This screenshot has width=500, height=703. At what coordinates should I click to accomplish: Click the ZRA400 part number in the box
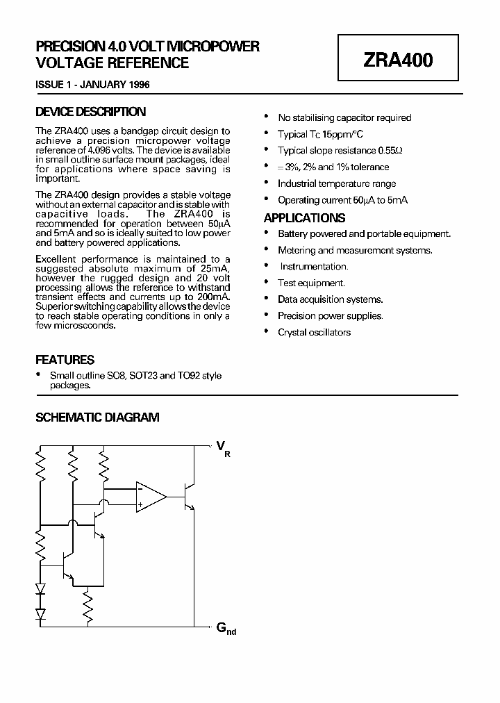coord(398,60)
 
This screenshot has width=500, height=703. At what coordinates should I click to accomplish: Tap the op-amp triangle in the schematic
coord(150,496)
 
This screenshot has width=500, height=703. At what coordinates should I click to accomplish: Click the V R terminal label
coord(224,448)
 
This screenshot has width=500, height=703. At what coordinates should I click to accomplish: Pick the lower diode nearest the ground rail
coord(40,613)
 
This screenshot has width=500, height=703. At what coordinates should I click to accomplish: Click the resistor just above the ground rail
coord(88,605)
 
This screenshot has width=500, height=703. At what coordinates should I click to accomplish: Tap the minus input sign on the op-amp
coord(140,488)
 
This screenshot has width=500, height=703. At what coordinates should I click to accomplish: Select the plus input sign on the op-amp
coord(140,504)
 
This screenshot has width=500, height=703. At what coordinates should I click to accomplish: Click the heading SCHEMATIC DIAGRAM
coord(97,417)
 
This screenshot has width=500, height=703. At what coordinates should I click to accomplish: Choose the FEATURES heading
coord(65,360)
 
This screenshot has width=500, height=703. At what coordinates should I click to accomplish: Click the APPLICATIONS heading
coord(304,217)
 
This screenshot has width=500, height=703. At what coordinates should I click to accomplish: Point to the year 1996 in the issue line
coord(137,85)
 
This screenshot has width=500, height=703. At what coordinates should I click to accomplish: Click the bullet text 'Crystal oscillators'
coord(314,332)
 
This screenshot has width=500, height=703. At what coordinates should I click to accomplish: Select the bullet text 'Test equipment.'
coord(311,283)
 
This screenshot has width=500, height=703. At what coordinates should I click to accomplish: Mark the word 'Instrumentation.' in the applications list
coord(314,266)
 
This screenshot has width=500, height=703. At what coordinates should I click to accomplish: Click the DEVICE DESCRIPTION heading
coord(90,112)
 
